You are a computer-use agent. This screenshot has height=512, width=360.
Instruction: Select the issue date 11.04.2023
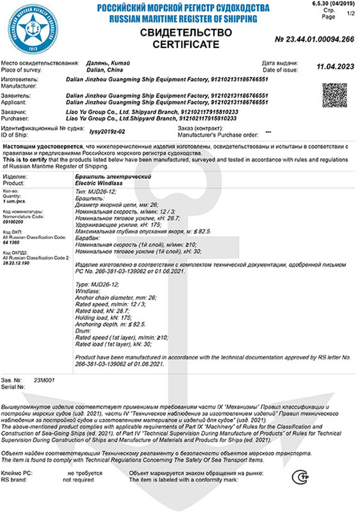[334, 66]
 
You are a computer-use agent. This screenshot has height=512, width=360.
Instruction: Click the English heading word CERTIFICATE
[186, 45]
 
